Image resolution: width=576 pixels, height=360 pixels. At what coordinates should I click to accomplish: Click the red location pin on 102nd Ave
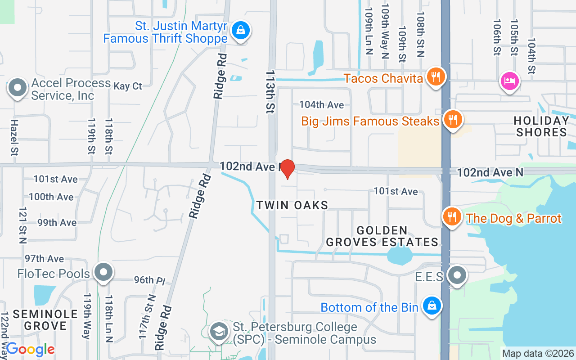coord(287,169)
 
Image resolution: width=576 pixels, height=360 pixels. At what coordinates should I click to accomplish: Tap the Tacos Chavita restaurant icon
coord(435,77)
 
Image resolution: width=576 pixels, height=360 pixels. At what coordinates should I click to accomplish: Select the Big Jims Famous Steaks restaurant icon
coord(453,120)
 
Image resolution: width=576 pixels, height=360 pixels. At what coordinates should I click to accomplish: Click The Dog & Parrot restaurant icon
coord(451,217)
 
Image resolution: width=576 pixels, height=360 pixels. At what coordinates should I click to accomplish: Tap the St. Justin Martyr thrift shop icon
coord(241,31)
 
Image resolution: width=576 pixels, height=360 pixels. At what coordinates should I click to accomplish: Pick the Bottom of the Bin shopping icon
coord(432,306)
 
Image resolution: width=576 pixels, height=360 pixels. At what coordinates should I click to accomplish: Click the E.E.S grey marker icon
coord(458,275)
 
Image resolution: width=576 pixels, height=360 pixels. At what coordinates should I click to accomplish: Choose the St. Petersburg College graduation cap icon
coord(219,332)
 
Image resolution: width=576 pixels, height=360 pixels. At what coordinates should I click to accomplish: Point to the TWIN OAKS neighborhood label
coord(292,205)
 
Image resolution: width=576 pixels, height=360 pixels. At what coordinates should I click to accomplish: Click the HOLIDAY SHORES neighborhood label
coord(542,126)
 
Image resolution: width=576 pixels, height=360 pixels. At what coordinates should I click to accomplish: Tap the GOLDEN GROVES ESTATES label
coord(382,237)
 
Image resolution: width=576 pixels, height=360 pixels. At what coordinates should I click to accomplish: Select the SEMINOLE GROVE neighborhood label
coord(40,319)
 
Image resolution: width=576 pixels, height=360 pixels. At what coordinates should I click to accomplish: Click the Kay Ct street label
coord(128,86)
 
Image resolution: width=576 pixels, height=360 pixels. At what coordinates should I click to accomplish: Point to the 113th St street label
coord(270,91)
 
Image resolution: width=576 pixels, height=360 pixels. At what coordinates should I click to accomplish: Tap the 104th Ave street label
coord(322,105)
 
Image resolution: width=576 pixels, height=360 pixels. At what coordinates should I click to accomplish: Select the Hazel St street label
coord(14,138)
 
